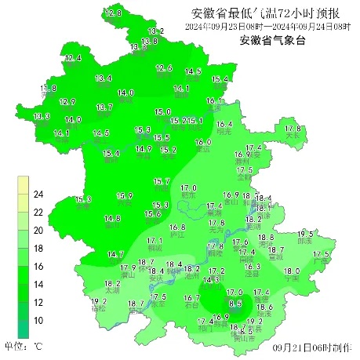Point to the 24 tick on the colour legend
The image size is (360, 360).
pyautogui.click(x=38, y=195)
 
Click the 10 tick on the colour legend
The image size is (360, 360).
pyautogui.click(x=38, y=321)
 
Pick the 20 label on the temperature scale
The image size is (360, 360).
pyautogui.click(x=38, y=231)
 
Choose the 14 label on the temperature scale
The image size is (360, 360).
pyautogui.click(x=38, y=285)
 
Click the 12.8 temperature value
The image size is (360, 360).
pyautogui.click(x=114, y=14)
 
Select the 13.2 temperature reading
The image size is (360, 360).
pyautogui.click(x=156, y=31)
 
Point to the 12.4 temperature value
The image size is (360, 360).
pyautogui.click(x=73, y=59)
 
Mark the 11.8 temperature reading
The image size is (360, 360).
pyautogui.click(x=49, y=89)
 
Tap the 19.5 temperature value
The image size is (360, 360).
pyautogui.click(x=306, y=235)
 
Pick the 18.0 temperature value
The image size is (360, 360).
pyautogui.click(x=291, y=271)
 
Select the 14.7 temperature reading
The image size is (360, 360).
pyautogui.click(x=116, y=254)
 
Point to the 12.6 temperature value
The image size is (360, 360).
pyautogui.click(x=164, y=69)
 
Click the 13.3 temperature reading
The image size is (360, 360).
pyautogui.click(x=42, y=117)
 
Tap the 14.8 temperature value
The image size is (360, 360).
pyautogui.click(x=113, y=218)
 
